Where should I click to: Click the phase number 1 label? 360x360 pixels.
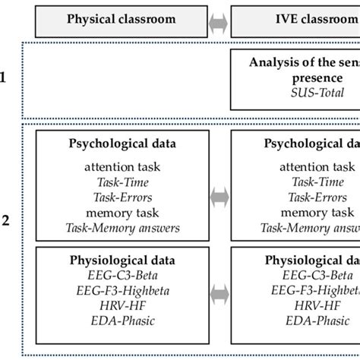point(6,77)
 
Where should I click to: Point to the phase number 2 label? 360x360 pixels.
point(6,221)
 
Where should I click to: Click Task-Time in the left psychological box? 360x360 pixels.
point(122,182)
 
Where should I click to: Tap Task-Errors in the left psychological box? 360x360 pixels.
point(122,197)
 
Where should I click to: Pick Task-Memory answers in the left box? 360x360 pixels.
point(122,227)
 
